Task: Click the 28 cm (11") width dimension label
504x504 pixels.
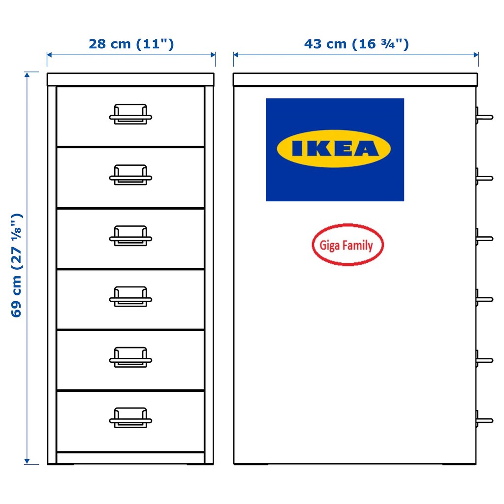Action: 131,44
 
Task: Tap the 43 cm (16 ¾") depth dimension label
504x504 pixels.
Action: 356,44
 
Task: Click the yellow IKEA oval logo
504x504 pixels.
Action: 334,149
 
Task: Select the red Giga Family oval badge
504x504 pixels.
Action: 347,245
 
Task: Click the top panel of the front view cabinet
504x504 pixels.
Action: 130,80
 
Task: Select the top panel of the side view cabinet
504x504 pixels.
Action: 355,80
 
